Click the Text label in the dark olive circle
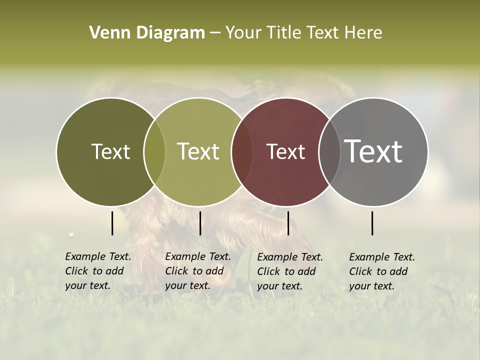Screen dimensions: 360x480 point(110,152)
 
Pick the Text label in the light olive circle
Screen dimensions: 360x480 point(198,151)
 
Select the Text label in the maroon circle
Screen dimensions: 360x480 point(285,152)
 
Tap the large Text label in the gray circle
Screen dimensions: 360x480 point(373,151)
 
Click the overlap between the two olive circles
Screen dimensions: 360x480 point(154,152)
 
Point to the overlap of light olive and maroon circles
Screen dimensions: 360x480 point(242,152)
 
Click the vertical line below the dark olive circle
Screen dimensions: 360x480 point(112,223)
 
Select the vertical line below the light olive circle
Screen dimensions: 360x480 point(200,223)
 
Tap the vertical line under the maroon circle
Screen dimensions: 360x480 point(288,223)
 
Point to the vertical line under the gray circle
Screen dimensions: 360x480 point(372,223)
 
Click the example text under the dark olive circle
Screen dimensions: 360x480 point(98,271)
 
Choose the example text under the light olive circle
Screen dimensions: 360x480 point(198,271)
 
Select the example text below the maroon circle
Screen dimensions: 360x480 point(290,271)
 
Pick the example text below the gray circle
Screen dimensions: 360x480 point(382,271)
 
